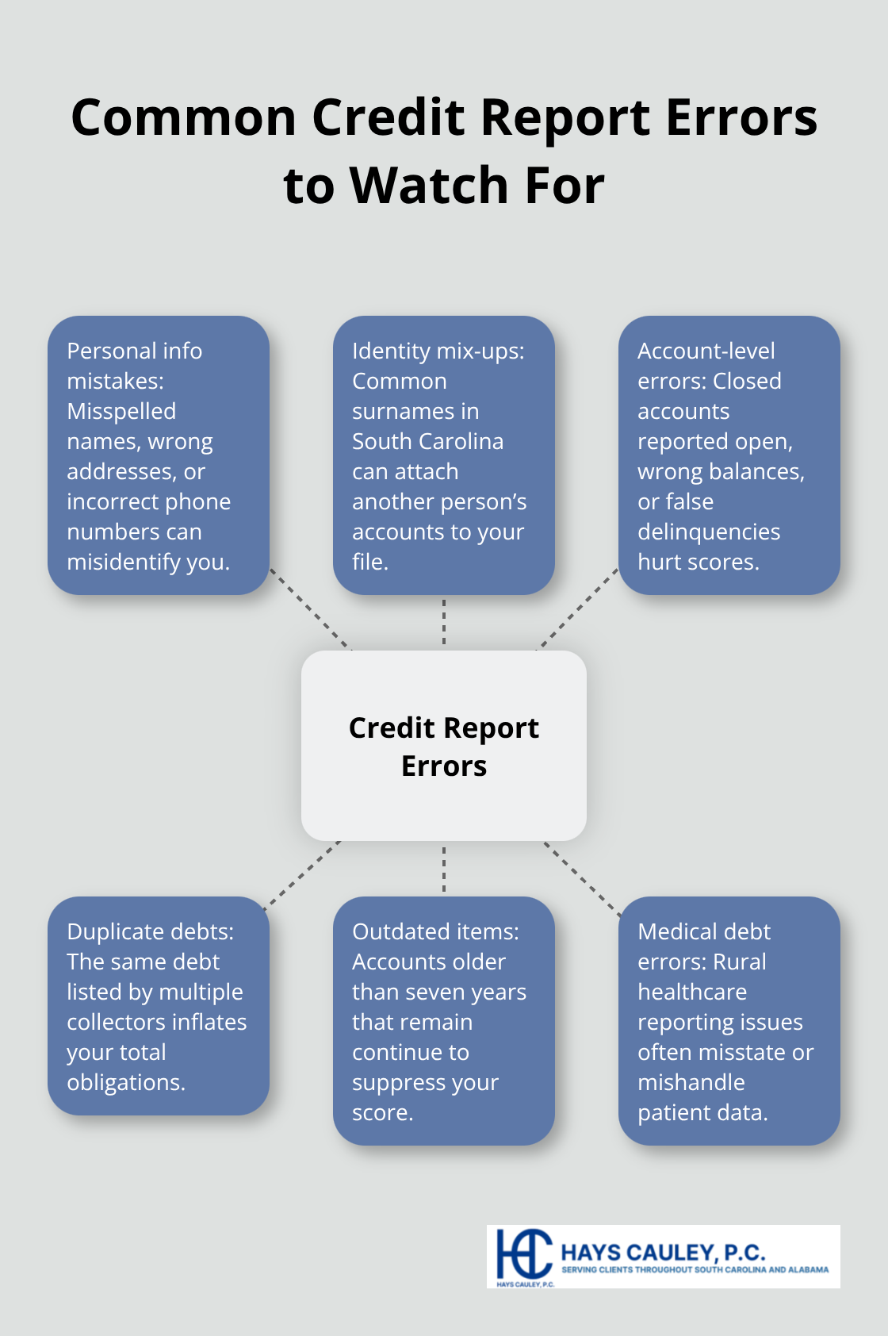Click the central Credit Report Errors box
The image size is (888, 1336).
(444, 746)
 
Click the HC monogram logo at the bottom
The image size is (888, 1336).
(523, 1254)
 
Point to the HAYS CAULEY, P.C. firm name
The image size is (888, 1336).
(663, 1253)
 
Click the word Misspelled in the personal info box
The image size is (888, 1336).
(121, 411)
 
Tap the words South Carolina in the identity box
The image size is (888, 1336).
(427, 441)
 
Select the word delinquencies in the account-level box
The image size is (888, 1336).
(709, 532)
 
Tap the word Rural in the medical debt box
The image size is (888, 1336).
(739, 962)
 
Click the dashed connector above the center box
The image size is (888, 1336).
(444, 622)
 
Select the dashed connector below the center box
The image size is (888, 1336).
(444, 869)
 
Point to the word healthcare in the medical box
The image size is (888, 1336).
(692, 992)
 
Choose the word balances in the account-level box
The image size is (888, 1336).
(756, 471)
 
